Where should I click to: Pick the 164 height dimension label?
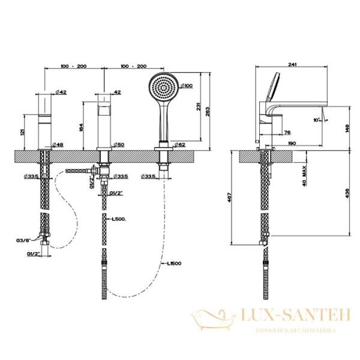point(82,127)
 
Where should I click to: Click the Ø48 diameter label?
point(58,145)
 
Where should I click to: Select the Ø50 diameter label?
point(119,145)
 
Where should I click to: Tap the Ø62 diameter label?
point(178,145)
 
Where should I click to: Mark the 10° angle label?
point(316,119)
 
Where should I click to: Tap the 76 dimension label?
point(287,133)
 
